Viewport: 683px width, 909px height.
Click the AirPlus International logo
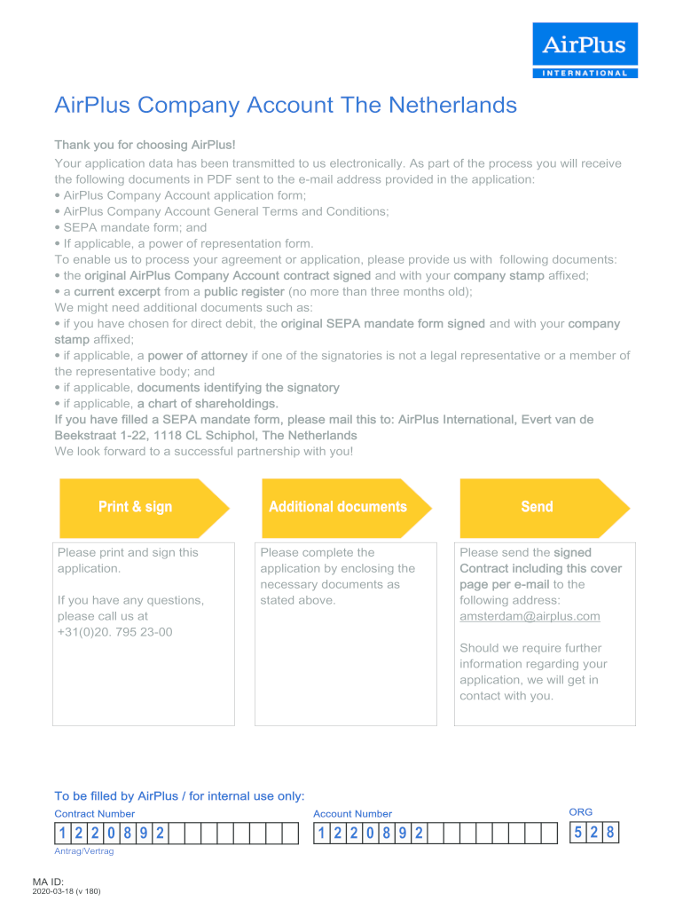(585, 51)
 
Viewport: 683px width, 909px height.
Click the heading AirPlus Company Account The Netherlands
(286, 106)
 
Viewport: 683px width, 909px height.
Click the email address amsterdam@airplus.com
(530, 616)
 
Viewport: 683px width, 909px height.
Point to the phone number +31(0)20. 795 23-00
(114, 632)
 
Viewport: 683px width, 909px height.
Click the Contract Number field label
(95, 814)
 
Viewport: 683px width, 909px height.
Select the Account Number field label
(352, 814)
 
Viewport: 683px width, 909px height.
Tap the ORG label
(580, 812)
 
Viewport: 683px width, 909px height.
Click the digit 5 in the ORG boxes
(577, 834)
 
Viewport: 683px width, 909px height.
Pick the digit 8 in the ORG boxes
(609, 834)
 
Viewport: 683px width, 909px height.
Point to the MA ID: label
(74, 881)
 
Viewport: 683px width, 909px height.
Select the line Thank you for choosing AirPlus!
(145, 145)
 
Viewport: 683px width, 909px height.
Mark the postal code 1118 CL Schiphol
(203, 436)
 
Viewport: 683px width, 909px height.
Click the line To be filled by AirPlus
(179, 796)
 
